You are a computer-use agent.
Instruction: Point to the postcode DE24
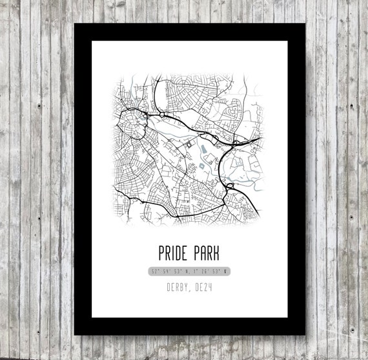coord(204,284)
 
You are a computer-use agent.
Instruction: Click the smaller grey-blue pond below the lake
coord(204,170)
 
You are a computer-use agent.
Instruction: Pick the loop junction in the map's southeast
coord(230,187)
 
